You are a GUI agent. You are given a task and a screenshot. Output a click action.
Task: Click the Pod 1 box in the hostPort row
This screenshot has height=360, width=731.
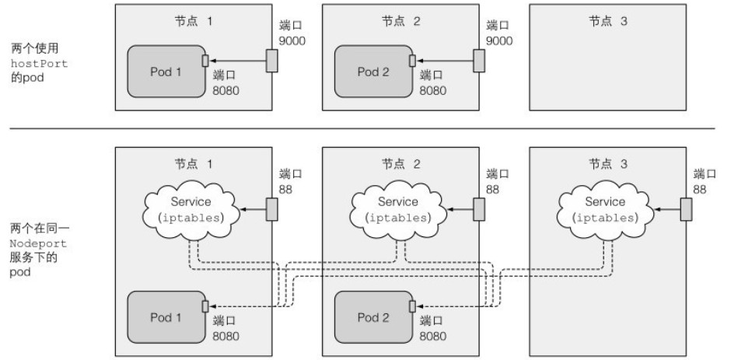pos(165,72)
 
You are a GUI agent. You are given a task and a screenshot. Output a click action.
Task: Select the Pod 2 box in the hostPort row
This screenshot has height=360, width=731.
pos(372,72)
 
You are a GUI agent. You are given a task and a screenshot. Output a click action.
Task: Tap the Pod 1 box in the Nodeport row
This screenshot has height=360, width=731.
pos(165,317)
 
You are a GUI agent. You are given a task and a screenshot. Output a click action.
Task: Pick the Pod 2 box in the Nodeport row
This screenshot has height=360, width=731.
pos(372,317)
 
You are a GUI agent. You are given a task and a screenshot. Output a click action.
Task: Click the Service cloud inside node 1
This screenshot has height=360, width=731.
pos(191,209)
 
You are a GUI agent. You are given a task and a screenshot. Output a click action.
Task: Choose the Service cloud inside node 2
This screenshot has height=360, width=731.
pos(398,209)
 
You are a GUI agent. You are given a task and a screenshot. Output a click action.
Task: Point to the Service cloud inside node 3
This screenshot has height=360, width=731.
pos(605,209)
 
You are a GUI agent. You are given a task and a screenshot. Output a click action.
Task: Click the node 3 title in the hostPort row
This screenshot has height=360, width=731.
pos(607,20)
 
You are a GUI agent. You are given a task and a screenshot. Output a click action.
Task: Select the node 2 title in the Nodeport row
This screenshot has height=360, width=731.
pos(400,164)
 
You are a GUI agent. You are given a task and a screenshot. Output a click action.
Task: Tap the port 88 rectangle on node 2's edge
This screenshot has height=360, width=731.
pos(478,208)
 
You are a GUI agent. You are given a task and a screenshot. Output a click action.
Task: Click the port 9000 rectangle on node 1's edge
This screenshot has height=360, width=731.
pos(271,61)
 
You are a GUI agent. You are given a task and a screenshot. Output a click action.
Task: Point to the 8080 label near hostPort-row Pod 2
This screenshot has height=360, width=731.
pos(433,89)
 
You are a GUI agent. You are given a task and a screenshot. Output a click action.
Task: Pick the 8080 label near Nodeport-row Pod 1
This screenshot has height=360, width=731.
pos(226,335)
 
